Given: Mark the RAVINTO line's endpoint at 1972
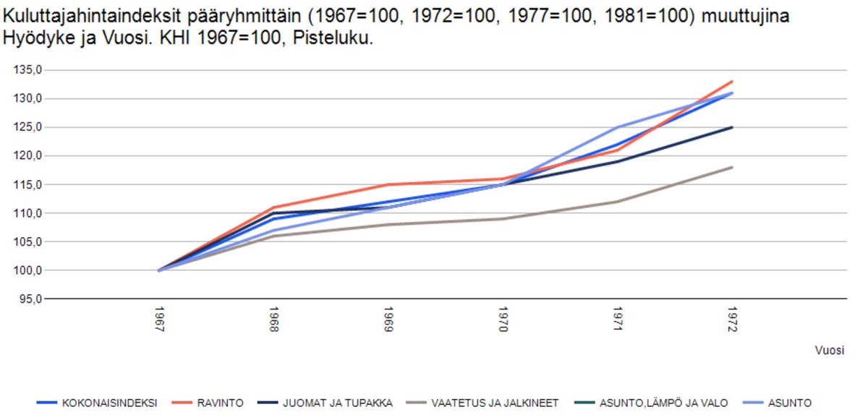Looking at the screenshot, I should pos(732,82).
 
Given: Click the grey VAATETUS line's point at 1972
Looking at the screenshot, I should pos(732,167).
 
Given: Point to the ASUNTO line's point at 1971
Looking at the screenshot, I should pos(617,127).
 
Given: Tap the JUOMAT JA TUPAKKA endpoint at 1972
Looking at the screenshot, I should pos(732,127).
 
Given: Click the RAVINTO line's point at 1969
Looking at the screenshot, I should pos(388,184).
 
